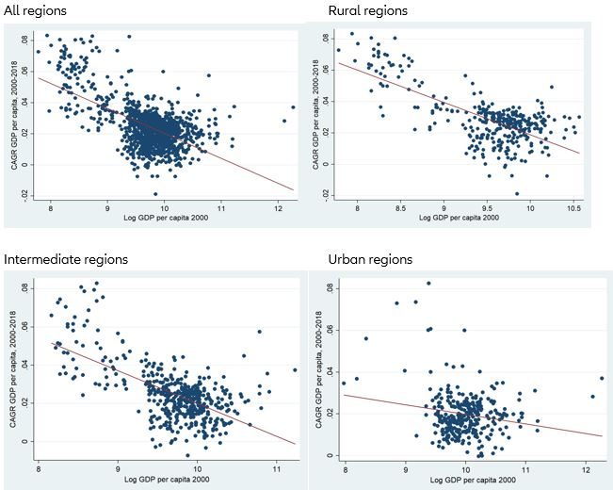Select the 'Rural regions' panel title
[x=368, y=10]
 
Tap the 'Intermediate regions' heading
[x=66, y=259]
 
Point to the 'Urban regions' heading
[x=370, y=259]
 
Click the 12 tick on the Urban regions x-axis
[x=587, y=467]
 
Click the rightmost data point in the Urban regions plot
[x=601, y=378]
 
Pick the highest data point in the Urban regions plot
[x=428, y=283]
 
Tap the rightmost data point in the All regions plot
[x=293, y=107]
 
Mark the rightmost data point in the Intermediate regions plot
[x=294, y=369]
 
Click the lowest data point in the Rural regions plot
[x=517, y=193]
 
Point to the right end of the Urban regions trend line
[x=603, y=435]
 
